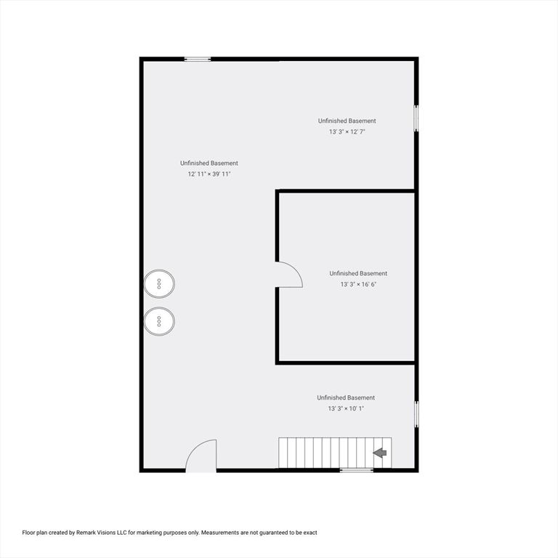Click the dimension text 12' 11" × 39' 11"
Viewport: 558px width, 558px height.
(209, 174)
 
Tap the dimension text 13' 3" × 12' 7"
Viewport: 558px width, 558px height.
(347, 132)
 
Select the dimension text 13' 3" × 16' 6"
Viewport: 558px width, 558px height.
(358, 284)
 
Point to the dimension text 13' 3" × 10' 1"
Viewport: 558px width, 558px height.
(346, 409)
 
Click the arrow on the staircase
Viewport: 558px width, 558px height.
(379, 453)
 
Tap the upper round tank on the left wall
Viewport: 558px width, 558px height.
(160, 283)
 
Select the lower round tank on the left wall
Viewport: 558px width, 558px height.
(160, 320)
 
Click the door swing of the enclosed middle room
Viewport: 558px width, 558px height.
(290, 275)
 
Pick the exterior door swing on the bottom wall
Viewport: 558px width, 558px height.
(201, 457)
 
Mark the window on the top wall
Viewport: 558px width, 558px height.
(197, 59)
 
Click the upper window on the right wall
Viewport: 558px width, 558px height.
(416, 118)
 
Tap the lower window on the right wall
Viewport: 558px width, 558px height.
(416, 413)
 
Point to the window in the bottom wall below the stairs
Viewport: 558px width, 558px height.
(357, 470)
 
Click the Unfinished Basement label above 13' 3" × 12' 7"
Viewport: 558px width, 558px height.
(347, 121)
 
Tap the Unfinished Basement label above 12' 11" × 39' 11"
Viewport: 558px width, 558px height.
(209, 163)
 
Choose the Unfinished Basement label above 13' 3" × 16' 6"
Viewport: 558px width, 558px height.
(358, 273)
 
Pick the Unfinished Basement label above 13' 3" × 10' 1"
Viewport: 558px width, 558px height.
(346, 397)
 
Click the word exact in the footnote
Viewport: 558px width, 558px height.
(310, 533)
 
